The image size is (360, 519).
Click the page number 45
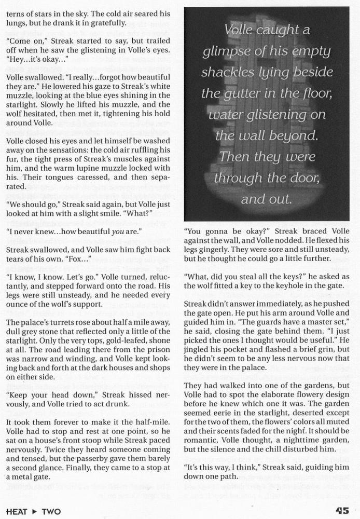346,511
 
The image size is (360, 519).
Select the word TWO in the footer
51,511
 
